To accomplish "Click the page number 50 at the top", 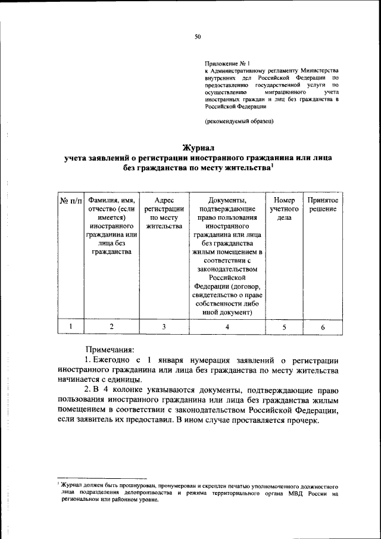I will point(198,37).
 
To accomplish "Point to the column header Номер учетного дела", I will point(284,210).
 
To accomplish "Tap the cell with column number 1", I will point(71,326).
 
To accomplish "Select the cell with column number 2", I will point(111,326).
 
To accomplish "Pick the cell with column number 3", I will point(164,326).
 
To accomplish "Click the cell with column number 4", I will point(227,326).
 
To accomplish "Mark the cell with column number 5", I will point(284,326).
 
